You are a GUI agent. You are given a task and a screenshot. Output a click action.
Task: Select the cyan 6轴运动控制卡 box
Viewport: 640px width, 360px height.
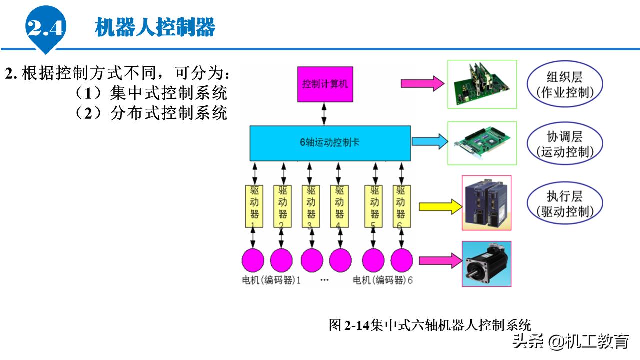(x=330, y=143)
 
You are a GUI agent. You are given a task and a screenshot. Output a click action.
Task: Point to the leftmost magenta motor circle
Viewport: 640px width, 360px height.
(x=253, y=260)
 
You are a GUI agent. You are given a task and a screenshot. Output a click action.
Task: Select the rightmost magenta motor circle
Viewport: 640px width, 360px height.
(x=401, y=260)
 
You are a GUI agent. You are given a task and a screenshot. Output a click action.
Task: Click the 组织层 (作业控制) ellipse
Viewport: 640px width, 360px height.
(x=565, y=84)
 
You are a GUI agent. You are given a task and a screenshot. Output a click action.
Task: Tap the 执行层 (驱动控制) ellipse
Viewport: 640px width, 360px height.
(x=565, y=204)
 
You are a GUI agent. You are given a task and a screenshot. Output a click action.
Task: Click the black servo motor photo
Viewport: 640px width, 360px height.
(x=486, y=264)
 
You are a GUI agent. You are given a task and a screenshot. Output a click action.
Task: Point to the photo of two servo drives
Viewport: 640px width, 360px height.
(x=486, y=203)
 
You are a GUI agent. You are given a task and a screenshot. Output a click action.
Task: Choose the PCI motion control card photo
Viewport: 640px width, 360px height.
(x=482, y=143)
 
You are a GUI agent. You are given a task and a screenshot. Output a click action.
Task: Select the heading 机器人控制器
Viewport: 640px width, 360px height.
(x=155, y=27)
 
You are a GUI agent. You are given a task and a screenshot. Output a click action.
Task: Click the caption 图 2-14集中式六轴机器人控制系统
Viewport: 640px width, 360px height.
(x=430, y=325)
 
